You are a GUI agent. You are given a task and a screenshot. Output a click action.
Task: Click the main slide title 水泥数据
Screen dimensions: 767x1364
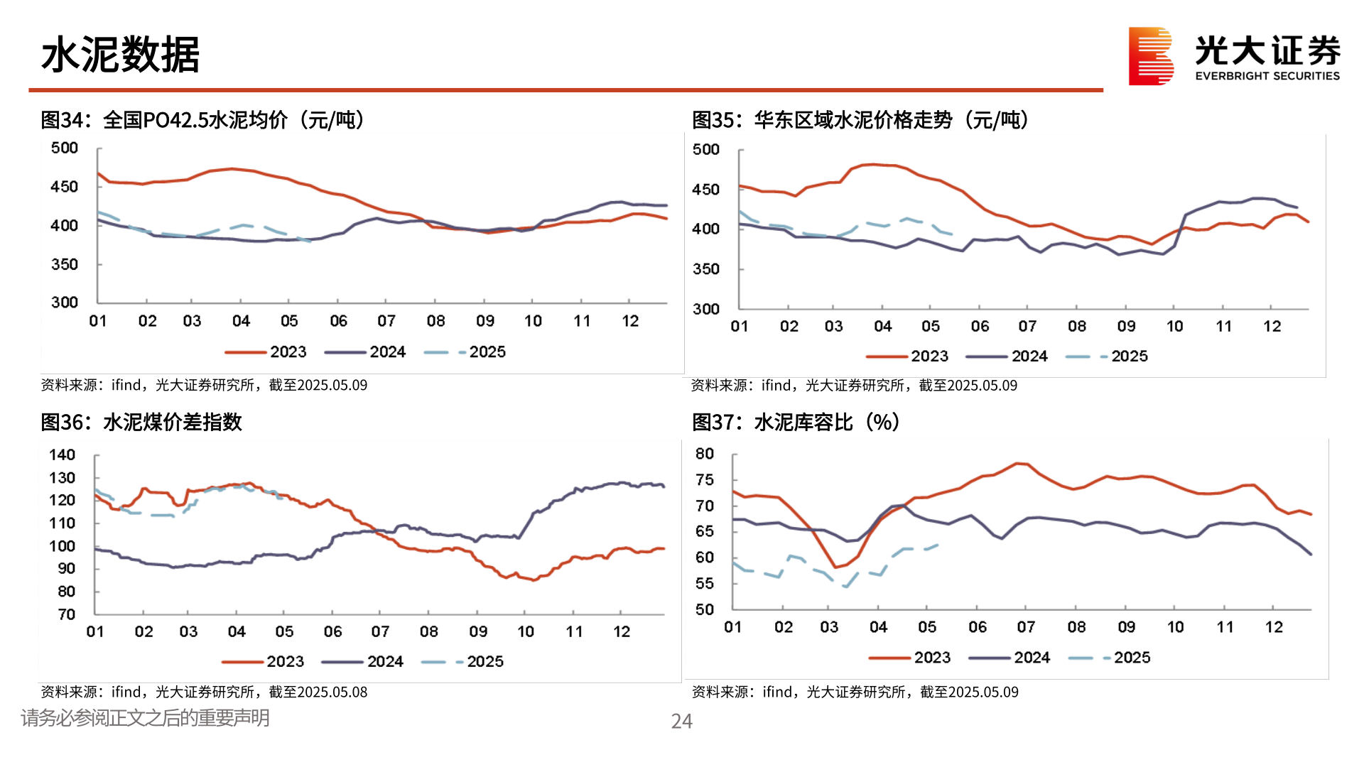(120, 55)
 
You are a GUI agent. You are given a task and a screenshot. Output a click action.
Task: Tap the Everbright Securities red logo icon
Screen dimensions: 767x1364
(1150, 56)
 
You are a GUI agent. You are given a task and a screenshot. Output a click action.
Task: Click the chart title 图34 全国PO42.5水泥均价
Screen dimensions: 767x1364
(202, 120)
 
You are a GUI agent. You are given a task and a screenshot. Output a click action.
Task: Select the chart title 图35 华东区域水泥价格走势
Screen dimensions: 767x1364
(860, 120)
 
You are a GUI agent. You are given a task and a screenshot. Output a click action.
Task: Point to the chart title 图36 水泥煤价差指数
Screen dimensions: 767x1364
(141, 422)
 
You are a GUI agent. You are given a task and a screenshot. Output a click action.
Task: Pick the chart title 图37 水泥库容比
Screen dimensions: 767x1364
(796, 422)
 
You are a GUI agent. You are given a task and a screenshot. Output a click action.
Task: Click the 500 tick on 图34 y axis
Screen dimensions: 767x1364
(65, 148)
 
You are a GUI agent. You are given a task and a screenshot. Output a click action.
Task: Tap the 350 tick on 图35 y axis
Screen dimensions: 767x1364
(706, 269)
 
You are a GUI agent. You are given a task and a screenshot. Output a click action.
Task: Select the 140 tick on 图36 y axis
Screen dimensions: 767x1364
(62, 455)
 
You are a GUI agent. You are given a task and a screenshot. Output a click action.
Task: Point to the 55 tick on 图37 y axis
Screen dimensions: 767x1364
(705, 584)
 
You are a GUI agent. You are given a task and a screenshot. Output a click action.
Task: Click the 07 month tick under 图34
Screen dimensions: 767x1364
(386, 321)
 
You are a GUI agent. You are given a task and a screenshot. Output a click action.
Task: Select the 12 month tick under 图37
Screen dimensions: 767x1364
(1274, 627)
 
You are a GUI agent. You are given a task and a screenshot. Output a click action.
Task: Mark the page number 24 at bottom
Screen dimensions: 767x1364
(681, 722)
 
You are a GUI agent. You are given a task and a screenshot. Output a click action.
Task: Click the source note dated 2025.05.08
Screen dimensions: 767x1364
(204, 692)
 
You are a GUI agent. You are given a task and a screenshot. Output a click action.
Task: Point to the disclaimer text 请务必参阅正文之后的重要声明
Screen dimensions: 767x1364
(145, 718)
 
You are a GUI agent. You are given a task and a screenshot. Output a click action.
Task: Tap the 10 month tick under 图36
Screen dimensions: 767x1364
(526, 632)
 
